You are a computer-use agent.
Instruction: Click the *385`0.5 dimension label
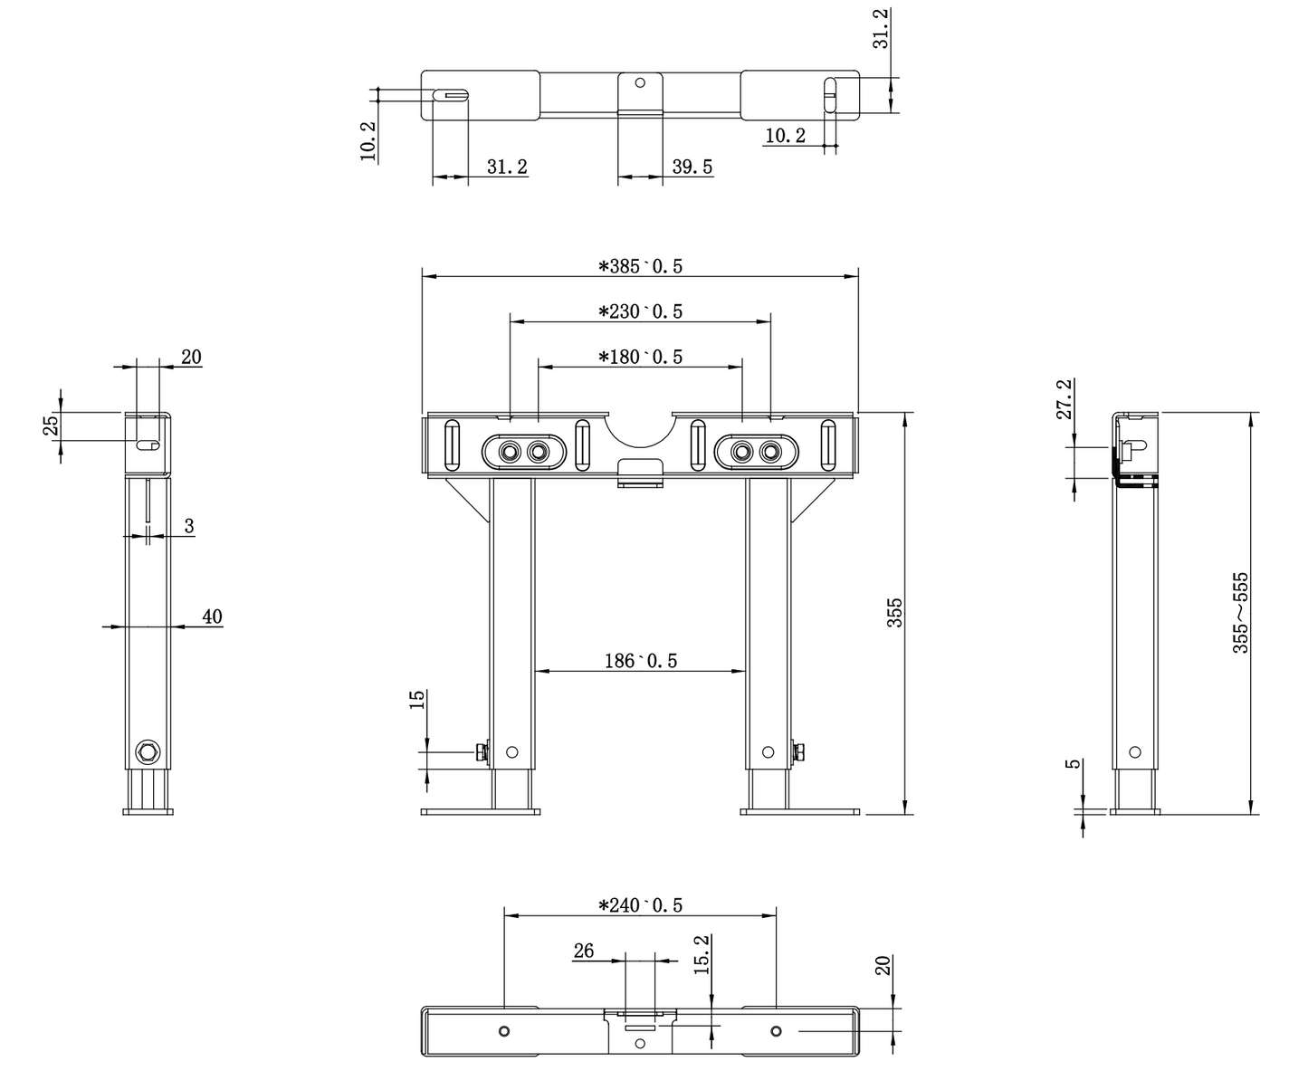tap(640, 266)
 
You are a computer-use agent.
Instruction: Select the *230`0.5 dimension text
tap(640, 311)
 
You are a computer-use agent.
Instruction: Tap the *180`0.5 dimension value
tap(640, 357)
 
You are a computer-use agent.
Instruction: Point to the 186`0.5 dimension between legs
tap(640, 661)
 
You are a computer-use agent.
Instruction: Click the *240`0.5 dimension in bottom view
tap(640, 905)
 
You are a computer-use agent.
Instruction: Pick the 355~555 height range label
tap(1240, 613)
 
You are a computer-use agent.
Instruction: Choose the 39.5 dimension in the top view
tap(692, 167)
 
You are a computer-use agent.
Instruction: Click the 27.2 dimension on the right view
tap(1065, 399)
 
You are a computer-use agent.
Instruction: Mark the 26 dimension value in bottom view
tap(583, 951)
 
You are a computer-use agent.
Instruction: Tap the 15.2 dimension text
tap(702, 955)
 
